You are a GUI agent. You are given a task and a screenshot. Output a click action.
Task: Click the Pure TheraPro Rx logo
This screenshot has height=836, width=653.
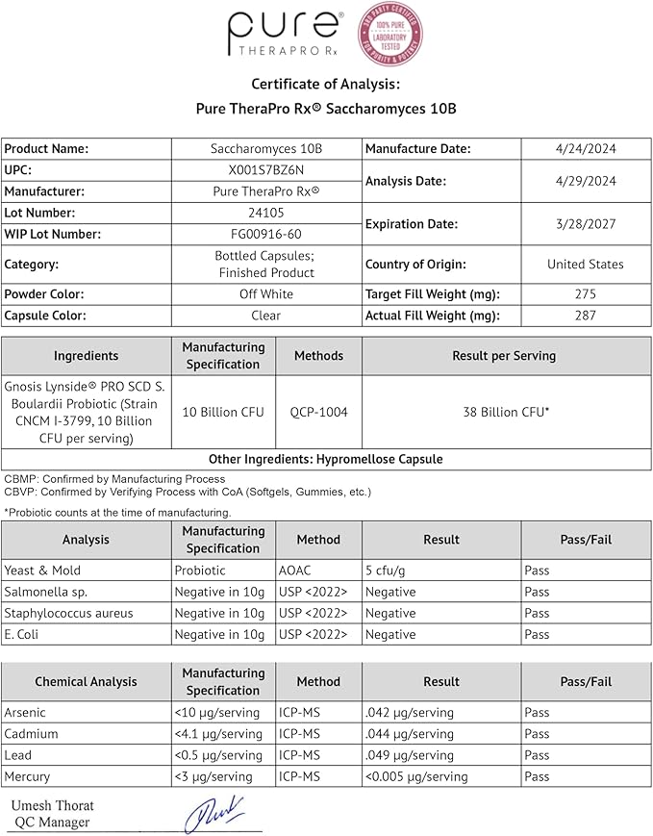(285, 35)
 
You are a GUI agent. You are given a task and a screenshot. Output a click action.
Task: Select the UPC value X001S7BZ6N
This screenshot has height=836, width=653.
(265, 170)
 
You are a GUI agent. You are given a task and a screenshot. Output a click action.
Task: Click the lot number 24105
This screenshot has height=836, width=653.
(265, 213)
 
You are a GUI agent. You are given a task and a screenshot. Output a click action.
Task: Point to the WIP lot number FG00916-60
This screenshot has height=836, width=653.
(265, 234)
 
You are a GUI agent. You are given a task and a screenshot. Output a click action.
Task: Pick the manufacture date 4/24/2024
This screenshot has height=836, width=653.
(585, 149)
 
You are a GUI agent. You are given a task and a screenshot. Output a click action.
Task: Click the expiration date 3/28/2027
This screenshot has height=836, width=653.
(585, 223)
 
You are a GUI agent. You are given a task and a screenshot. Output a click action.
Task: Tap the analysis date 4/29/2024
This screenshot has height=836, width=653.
(585, 181)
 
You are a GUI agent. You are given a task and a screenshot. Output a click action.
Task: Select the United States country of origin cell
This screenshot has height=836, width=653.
(585, 264)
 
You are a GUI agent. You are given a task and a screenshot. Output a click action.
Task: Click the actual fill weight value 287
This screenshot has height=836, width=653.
(585, 316)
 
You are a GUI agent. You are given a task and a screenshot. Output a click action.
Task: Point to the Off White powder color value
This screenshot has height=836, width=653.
(265, 294)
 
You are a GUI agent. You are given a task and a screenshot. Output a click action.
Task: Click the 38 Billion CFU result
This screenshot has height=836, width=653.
(507, 412)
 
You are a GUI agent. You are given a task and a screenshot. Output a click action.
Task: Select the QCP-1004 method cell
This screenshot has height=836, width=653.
(318, 412)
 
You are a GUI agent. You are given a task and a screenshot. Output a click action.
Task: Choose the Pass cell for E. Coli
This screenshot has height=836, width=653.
(538, 634)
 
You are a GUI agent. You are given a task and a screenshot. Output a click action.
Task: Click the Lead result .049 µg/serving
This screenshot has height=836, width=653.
(410, 755)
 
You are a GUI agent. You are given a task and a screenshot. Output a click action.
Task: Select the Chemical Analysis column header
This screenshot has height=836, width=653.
(87, 682)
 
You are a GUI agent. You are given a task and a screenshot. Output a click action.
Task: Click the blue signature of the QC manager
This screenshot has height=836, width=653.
(215, 814)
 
